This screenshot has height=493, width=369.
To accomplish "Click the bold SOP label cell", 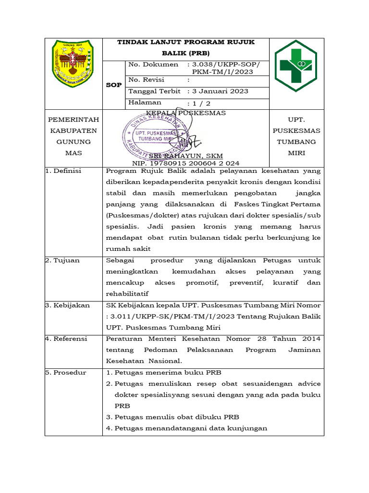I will (x=113, y=85).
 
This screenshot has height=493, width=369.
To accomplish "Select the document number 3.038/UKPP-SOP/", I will (x=225, y=65).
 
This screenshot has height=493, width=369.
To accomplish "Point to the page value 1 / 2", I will (x=202, y=103).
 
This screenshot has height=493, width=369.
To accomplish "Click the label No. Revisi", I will (x=146, y=79).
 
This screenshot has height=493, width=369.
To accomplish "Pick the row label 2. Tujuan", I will (x=62, y=260).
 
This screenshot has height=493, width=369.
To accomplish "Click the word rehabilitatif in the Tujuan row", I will (x=127, y=294).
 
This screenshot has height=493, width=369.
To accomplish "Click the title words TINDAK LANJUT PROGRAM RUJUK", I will (x=186, y=42).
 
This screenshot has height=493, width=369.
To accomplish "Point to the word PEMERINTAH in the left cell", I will (x=74, y=119).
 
